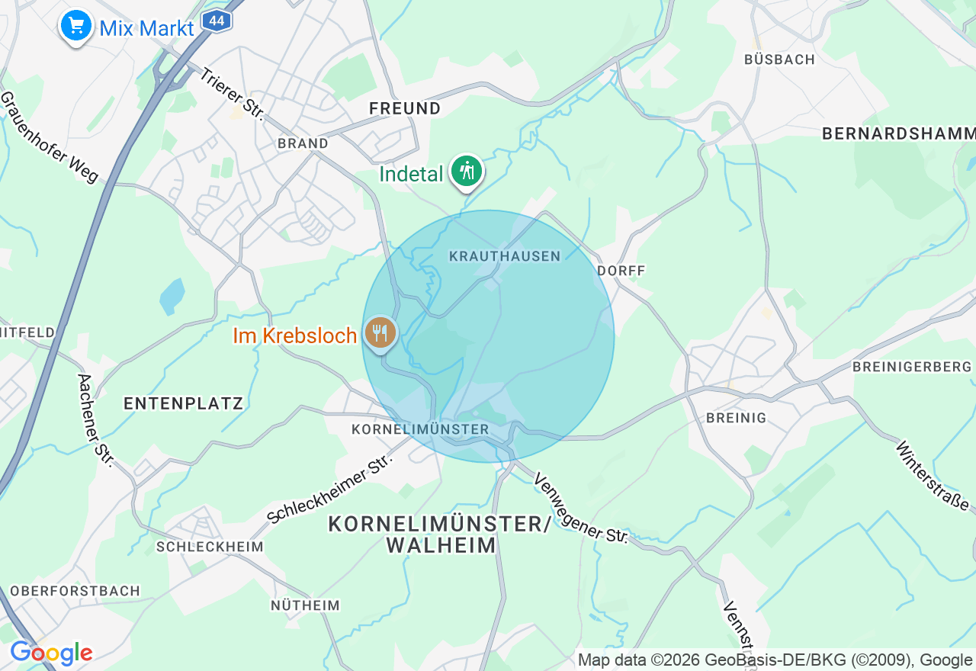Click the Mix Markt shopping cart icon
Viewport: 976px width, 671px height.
75,26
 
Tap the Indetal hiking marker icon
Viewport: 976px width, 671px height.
467,171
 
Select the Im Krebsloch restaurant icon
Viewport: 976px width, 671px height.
379,333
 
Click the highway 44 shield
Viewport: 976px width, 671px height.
217,21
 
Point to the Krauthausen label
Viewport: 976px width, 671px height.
505,256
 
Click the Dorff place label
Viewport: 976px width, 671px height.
621,271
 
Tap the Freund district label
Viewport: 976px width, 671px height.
405,108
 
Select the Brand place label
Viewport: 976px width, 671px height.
303,143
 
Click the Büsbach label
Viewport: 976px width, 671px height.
779,59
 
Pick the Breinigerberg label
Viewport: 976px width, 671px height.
912,367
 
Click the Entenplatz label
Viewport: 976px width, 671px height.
183,403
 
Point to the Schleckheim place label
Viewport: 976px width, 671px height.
210,547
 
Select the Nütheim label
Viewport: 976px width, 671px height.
305,605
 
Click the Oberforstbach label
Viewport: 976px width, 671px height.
75,591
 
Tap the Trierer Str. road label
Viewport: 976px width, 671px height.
232,95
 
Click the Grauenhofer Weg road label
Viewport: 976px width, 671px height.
50,137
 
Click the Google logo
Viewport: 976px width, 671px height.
51,653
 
